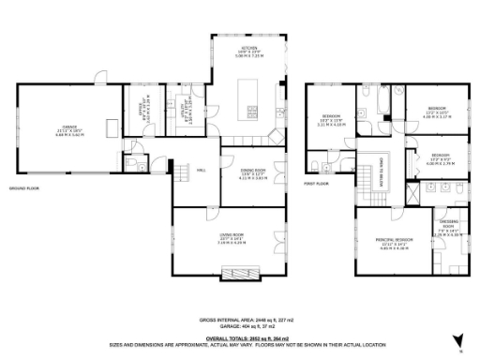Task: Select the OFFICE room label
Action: pos(143,115)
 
